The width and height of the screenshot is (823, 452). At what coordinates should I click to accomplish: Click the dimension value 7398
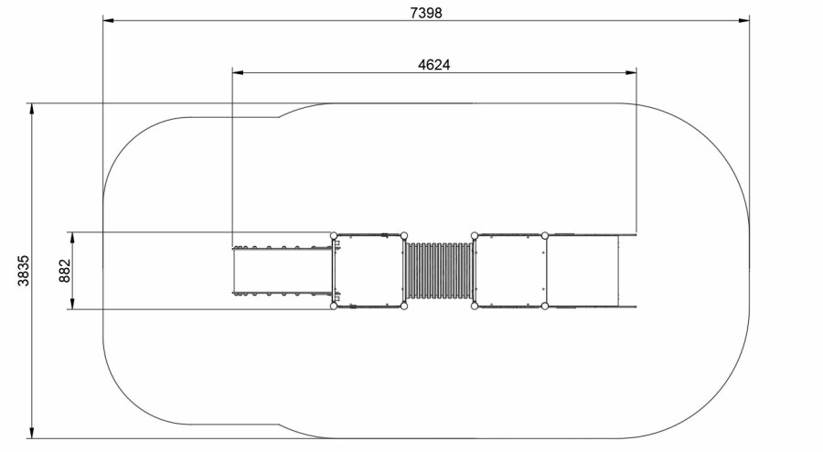425,13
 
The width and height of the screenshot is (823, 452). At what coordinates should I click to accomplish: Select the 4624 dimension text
434,65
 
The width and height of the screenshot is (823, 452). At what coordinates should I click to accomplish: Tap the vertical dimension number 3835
24,270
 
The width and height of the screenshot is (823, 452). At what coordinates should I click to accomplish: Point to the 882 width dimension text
65,270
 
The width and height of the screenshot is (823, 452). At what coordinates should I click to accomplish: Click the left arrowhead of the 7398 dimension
109,20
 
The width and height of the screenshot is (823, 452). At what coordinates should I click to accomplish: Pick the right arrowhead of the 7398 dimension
743,20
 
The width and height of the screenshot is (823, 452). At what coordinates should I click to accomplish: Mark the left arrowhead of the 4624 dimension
239,72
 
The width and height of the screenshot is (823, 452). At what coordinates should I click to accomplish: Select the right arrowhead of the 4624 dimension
630,72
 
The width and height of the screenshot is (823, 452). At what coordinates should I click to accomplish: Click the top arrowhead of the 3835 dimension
32,109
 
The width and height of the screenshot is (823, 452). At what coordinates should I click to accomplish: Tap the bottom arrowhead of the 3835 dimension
32,432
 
